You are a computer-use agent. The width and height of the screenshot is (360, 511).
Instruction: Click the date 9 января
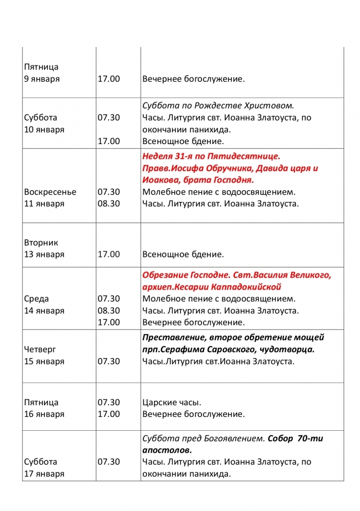coord(41,79)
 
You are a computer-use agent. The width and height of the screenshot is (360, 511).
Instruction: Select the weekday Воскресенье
coord(50,192)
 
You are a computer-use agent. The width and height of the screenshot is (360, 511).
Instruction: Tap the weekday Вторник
coord(41,243)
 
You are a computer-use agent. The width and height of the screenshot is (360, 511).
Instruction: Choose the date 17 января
coord(44,474)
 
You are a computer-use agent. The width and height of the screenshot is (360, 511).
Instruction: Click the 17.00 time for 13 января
coord(108,254)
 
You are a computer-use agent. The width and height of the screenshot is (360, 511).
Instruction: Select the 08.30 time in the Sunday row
coord(108,204)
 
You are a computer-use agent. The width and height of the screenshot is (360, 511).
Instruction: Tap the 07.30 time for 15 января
coord(108,361)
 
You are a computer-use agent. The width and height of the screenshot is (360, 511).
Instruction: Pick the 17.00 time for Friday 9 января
coord(108,79)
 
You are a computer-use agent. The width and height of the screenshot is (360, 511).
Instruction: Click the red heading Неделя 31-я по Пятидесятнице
coord(211,156)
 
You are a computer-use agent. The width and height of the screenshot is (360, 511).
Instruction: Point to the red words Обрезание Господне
coord(183,275)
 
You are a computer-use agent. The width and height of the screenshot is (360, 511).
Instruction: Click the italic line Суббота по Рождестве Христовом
coord(218,106)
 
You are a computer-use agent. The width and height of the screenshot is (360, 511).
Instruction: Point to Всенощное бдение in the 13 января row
coord(183,254)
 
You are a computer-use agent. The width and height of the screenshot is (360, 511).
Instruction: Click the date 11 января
coord(44,204)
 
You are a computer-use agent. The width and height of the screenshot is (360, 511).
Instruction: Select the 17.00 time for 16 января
coord(108,414)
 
